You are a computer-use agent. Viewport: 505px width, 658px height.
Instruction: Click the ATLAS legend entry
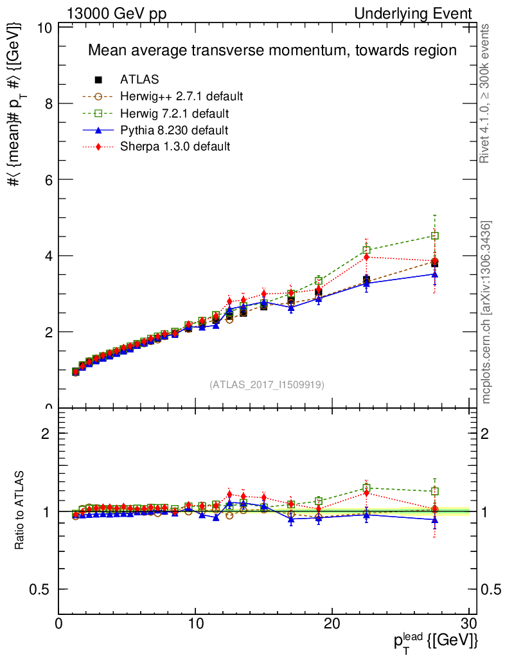139,80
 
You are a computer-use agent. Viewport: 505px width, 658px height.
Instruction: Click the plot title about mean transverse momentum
272,50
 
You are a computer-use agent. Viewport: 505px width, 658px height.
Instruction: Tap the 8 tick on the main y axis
48,104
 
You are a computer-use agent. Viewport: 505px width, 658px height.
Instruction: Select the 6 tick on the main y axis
48,180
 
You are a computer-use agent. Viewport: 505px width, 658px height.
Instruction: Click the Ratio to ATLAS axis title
21,511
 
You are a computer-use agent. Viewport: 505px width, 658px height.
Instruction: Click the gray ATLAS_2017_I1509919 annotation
267,384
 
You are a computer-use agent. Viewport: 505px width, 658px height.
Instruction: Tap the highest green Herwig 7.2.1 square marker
435,236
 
